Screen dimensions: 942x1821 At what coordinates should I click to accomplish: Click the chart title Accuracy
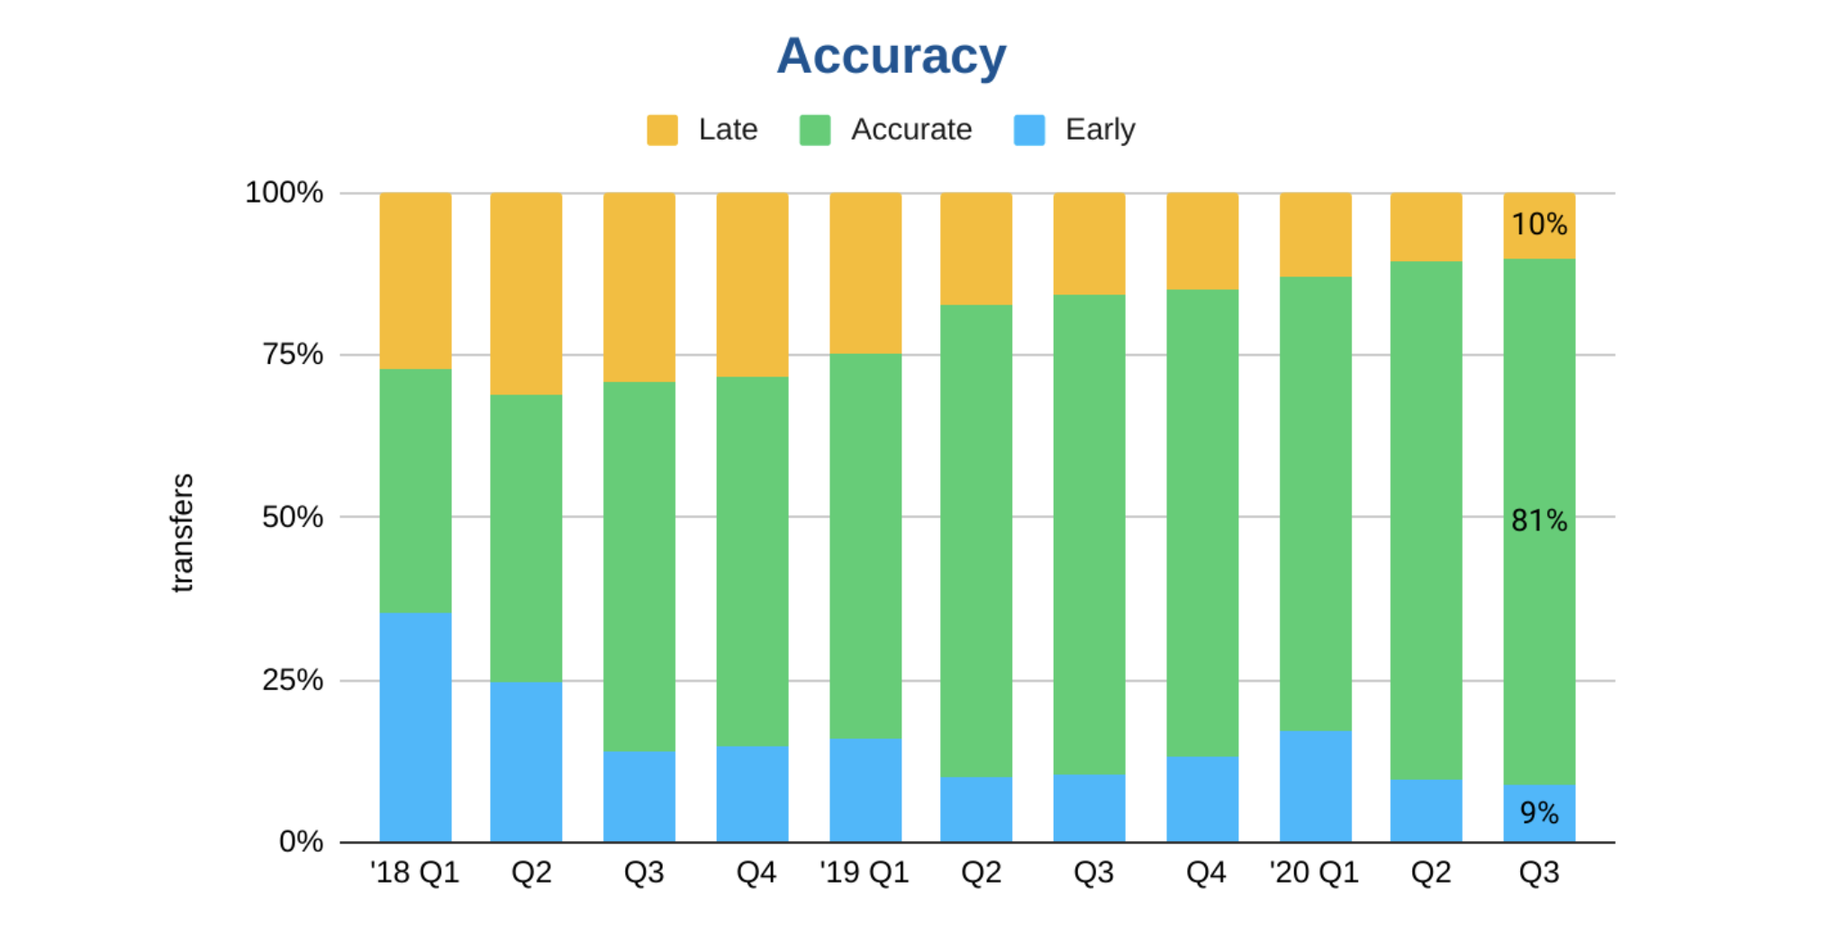tap(891, 56)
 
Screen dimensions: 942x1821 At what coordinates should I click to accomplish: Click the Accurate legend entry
tap(886, 130)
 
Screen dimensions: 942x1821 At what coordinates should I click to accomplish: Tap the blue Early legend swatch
tap(1028, 130)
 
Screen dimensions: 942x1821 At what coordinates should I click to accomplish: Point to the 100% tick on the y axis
tap(284, 193)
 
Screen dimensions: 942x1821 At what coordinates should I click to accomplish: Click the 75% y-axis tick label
tap(292, 354)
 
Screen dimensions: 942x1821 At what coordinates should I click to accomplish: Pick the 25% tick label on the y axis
tap(292, 680)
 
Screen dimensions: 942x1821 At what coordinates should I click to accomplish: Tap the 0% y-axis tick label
tap(301, 842)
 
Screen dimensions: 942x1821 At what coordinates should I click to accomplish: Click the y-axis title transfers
tap(182, 532)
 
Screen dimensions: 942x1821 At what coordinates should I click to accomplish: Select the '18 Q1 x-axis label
tap(414, 873)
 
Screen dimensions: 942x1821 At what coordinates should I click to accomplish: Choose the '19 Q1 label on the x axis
tap(864, 873)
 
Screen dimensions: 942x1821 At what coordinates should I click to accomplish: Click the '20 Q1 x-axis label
tap(1314, 873)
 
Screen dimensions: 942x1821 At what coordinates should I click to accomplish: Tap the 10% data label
tap(1539, 224)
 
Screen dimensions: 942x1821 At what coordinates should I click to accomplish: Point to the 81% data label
tap(1539, 521)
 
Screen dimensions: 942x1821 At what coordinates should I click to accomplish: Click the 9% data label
tap(1539, 813)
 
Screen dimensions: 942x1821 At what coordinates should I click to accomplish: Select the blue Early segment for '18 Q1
tap(415, 728)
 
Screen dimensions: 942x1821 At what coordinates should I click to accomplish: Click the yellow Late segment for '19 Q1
tap(865, 273)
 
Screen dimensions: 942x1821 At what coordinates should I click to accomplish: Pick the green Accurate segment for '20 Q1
tap(1315, 503)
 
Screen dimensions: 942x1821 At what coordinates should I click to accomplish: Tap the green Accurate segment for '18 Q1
tap(415, 491)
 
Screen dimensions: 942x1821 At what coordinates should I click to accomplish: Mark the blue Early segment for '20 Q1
tap(1315, 786)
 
